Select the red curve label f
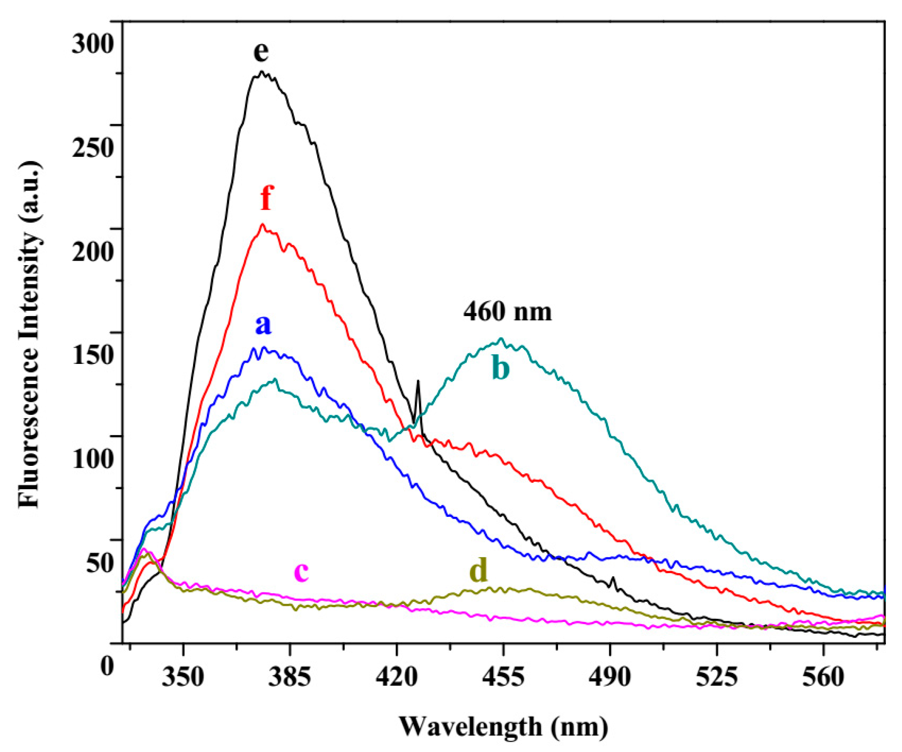click(266, 198)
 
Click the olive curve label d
click(478, 571)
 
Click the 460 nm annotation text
click(508, 311)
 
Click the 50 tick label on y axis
click(100, 562)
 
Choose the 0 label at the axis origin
click(107, 666)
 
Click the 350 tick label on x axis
click(183, 677)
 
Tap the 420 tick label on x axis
click(397, 677)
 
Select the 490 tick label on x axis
click(610, 677)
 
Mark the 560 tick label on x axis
click(823, 677)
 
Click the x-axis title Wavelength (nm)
click(503, 726)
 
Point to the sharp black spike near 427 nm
click(418, 382)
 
